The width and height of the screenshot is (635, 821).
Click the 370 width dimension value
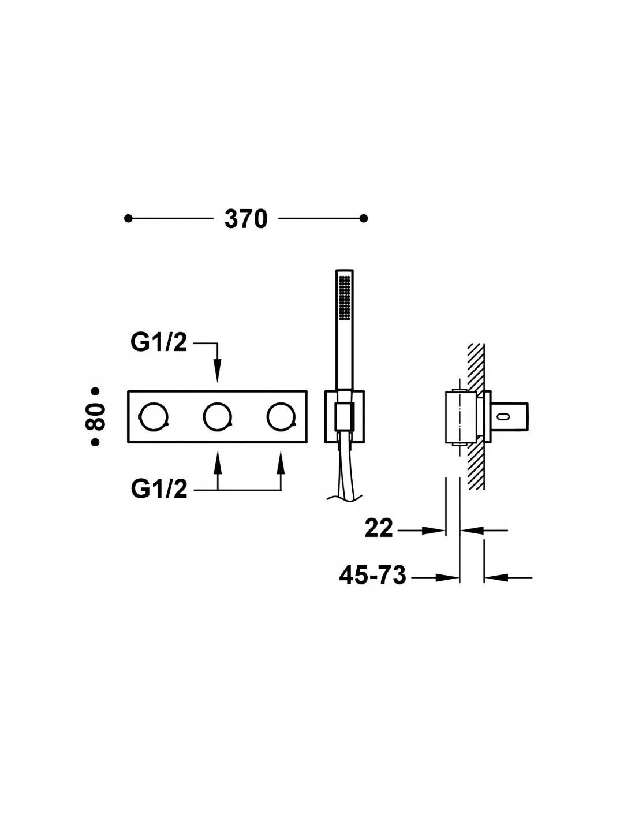tap(246, 219)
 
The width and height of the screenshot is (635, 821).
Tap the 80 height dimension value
tap(95, 417)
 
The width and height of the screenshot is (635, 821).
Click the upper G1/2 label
tap(159, 343)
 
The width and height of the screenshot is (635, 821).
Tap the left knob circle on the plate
tap(154, 417)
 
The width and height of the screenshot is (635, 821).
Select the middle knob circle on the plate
tap(217, 417)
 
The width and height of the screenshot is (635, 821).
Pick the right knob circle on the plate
tap(281, 417)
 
